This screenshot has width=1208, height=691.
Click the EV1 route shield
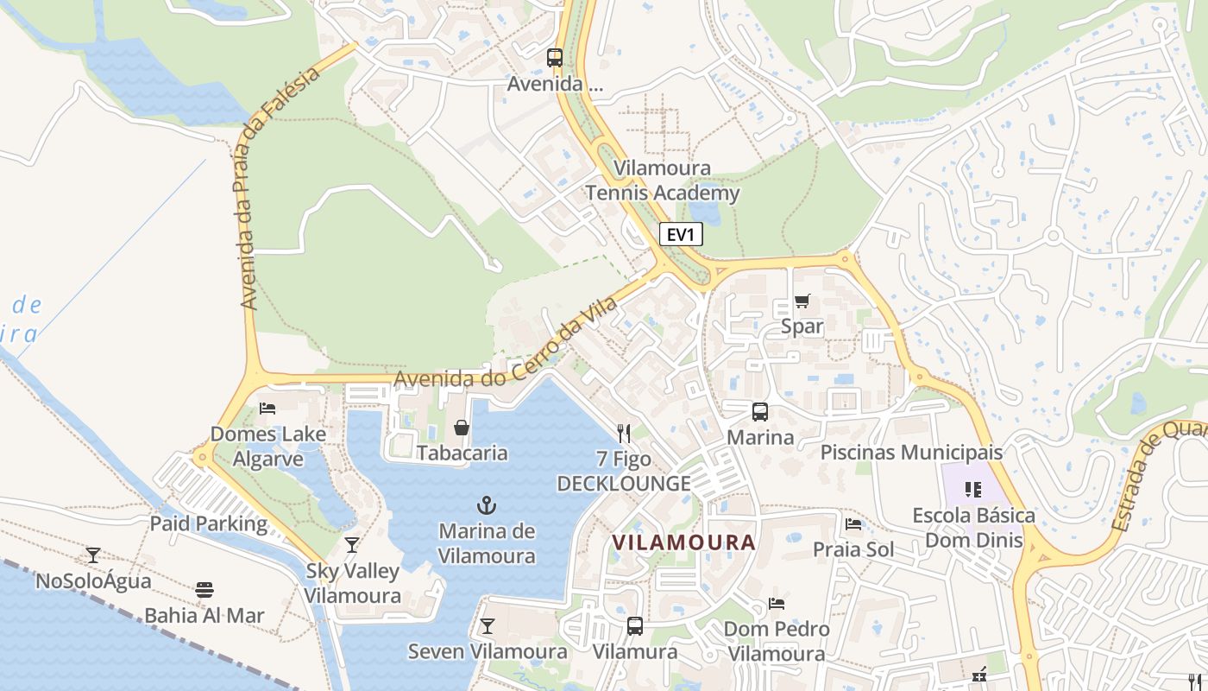681,234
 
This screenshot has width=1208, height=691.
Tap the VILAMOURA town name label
683,542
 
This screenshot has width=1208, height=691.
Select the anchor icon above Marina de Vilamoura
487,505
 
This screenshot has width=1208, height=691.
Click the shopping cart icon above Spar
802,301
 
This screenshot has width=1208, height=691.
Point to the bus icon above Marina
759,412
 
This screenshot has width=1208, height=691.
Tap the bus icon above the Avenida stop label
555,58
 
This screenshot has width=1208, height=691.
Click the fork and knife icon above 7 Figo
624,433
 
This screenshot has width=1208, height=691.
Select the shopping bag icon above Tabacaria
462,428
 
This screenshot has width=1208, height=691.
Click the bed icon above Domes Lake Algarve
267,408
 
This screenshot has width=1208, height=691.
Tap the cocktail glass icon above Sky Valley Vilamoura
352,545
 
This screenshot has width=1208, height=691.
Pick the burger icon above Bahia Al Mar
204,590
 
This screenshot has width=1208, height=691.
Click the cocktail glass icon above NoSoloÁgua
93,555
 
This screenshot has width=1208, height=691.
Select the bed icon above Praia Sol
853,523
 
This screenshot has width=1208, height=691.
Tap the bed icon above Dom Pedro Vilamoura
777,604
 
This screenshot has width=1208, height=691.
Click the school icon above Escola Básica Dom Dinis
973,490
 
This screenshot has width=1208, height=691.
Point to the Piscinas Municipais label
911,452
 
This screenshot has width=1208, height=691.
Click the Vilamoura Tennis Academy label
663,181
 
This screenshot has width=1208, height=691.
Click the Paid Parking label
209,523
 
